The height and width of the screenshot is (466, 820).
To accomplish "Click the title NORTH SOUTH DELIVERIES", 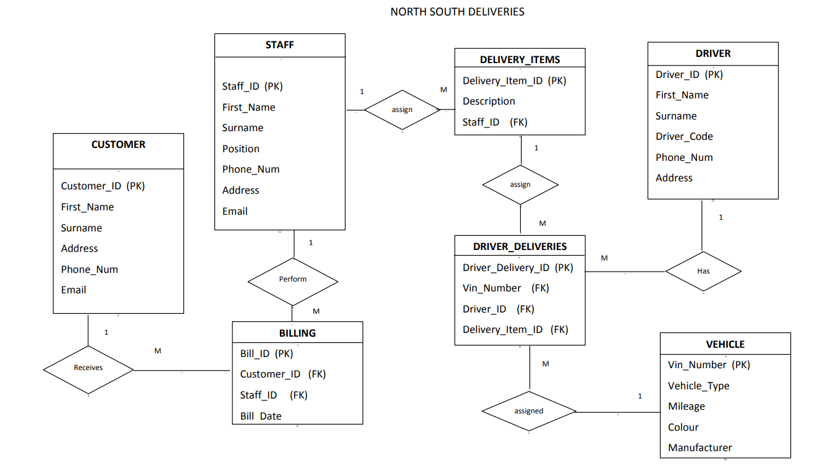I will [457, 12].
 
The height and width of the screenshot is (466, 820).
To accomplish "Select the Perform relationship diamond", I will [293, 280].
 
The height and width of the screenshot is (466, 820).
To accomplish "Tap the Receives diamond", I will [88, 368].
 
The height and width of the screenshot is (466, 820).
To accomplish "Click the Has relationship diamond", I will [703, 271].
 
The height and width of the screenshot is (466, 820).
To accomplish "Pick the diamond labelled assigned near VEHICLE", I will [529, 412].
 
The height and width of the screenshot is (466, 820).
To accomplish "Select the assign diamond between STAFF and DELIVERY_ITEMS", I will [402, 110].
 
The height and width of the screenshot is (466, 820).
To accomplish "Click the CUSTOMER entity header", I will [118, 145].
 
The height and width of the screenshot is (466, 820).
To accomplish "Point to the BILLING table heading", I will [297, 333].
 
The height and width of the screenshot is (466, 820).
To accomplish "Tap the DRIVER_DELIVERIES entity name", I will [520, 246].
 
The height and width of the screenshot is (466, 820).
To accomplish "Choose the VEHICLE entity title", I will [725, 345].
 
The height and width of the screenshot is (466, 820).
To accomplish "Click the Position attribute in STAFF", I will [241, 149].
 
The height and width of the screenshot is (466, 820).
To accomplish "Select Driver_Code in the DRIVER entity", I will [684, 137].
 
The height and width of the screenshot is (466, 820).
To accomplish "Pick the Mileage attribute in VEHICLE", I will [686, 407].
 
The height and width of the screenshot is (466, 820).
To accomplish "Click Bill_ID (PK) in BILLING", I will [266, 354].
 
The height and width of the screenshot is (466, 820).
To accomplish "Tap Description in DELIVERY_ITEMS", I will [489, 101].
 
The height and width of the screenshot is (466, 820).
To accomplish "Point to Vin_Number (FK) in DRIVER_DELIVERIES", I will [505, 288].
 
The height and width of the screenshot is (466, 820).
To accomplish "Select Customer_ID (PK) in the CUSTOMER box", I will [103, 186].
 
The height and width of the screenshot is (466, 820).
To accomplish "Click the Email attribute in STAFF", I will [235, 212].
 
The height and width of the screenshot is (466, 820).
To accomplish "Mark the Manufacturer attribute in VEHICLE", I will [700, 448].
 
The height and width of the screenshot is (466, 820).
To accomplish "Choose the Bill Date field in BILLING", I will [261, 416].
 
